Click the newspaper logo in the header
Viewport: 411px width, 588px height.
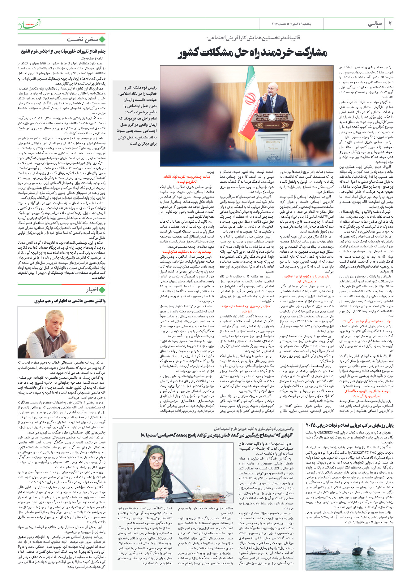(x=29, y=24)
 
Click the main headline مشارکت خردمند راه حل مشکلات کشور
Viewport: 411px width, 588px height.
(x=252, y=53)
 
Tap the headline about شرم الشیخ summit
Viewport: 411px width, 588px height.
(x=63, y=51)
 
